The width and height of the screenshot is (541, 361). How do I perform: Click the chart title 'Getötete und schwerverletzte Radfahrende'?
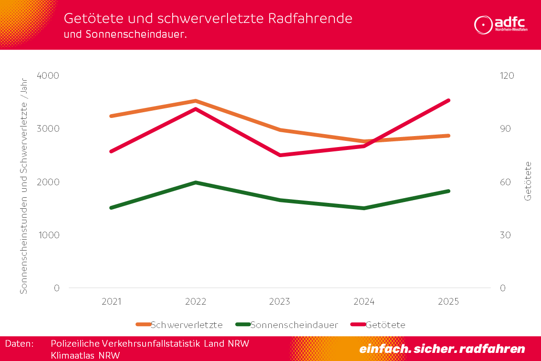click(208, 19)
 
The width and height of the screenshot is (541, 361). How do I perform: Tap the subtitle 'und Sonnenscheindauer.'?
click(125, 34)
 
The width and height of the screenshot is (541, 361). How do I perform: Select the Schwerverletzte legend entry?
click(180, 325)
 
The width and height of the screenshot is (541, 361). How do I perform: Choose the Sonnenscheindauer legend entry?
click(287, 325)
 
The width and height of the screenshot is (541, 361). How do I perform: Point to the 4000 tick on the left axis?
click(50, 76)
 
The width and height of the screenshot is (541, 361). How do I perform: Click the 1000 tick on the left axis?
click(50, 235)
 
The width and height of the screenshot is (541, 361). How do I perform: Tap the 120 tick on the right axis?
click(507, 76)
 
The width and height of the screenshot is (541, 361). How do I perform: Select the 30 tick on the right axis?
click(505, 235)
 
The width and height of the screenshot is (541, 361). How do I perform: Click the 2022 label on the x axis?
click(196, 302)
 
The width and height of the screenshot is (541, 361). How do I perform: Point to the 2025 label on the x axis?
click(448, 302)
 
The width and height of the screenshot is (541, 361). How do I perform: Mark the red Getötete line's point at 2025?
click(448, 100)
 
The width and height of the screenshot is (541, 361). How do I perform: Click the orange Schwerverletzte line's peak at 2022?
click(196, 101)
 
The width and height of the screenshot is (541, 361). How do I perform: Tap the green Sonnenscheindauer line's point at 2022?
click(196, 182)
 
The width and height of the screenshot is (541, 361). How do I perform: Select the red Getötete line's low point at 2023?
click(280, 155)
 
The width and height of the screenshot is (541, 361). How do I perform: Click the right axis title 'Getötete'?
click(528, 181)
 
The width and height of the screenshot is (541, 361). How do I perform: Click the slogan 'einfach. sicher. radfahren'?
click(442, 349)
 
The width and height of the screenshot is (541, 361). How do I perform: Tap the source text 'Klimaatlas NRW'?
click(85, 355)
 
